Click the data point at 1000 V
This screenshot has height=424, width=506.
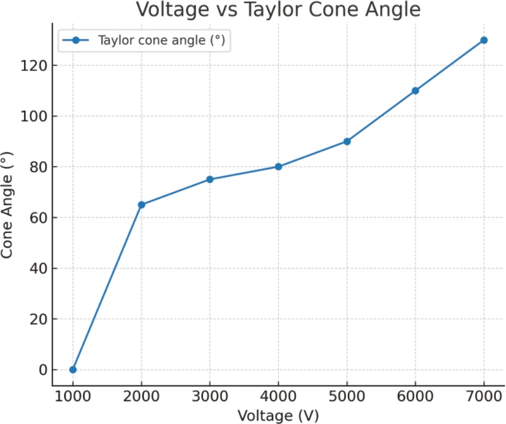tap(73, 370)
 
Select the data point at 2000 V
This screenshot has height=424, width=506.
tap(142, 205)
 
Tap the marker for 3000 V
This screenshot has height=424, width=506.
tap(210, 179)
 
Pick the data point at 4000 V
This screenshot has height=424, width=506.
tap(278, 167)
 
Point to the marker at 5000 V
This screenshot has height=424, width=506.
tap(347, 142)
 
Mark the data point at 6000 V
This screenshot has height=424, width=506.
tap(416, 90)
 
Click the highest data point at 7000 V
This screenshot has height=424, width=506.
tap(484, 40)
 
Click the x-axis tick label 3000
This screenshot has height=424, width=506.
tap(210, 397)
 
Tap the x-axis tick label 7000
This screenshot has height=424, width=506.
tap(484, 397)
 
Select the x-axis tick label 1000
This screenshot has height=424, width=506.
tap(73, 397)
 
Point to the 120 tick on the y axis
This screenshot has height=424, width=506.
tap(32, 66)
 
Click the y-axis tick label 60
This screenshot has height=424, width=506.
tap(36, 217)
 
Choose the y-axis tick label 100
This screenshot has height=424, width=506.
tap(32, 116)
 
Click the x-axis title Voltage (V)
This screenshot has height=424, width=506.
tap(278, 415)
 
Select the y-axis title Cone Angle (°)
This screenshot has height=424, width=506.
tap(8, 205)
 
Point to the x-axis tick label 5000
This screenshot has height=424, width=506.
tap(347, 397)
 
